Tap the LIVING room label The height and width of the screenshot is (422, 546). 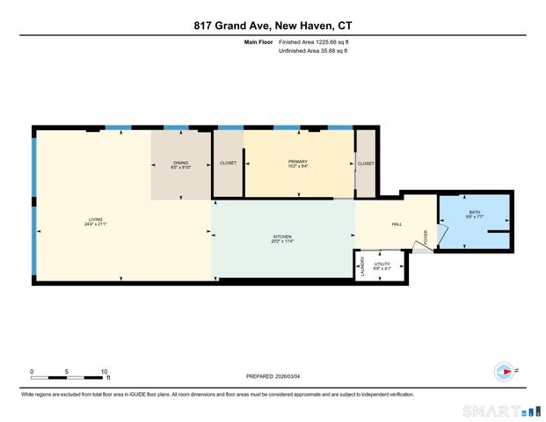coord(96,220)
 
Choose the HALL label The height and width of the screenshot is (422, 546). coord(397,224)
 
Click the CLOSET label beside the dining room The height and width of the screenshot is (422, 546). coord(229,164)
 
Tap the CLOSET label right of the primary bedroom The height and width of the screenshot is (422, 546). coord(366,164)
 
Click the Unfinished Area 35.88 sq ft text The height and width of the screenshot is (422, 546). coord(313,51)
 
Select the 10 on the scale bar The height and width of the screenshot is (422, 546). coord(106,371)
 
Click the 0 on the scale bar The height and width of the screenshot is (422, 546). coord(32,371)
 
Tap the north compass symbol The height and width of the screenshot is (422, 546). coord(505,371)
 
